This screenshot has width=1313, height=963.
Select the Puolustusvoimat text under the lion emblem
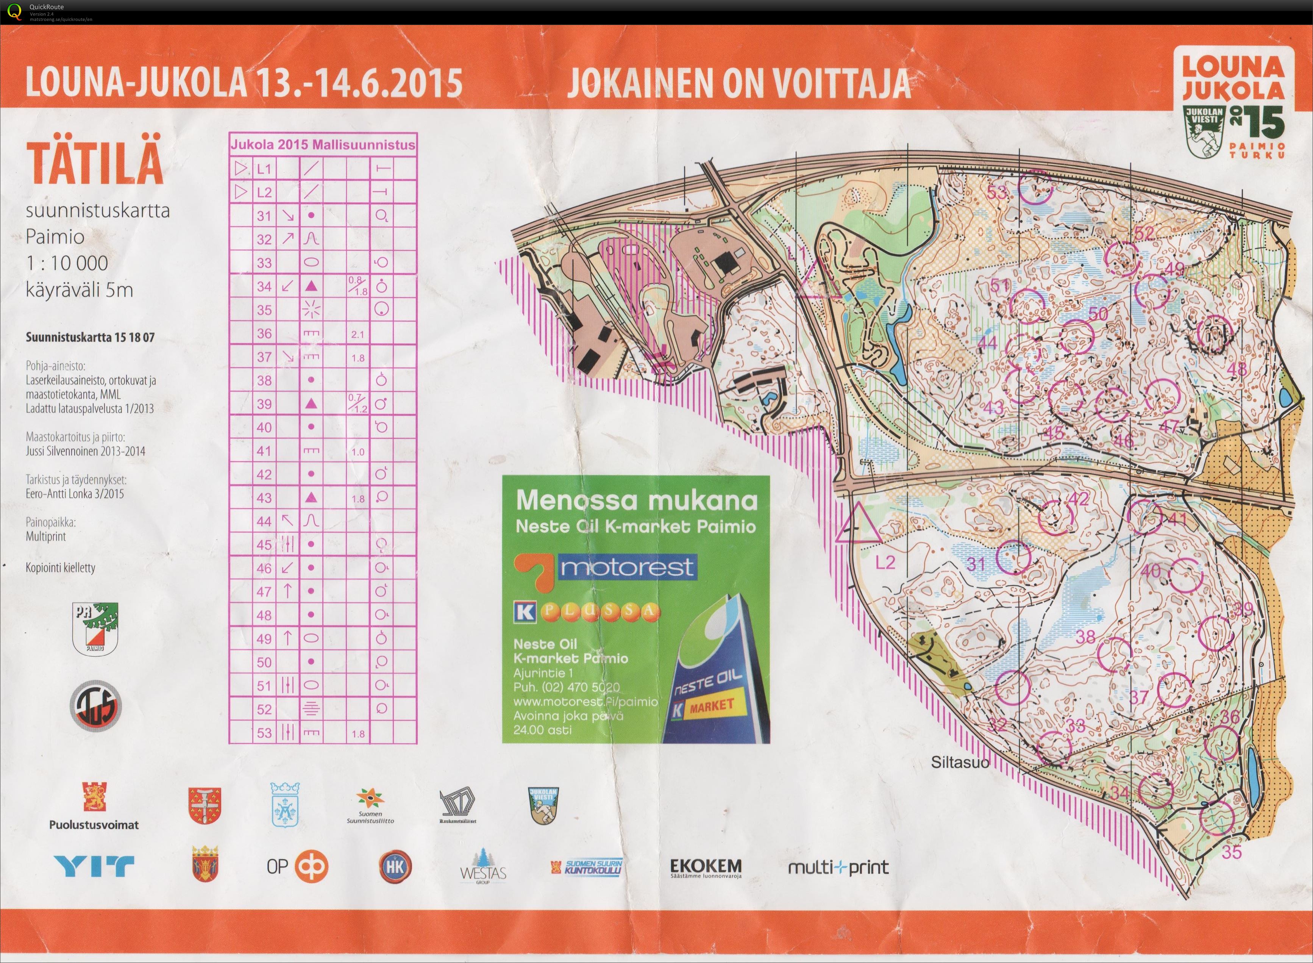94,824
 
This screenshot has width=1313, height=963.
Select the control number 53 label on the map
997,192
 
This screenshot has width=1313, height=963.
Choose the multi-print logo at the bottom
838,868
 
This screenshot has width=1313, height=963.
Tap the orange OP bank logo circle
312,867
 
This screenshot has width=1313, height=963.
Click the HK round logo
395,867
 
